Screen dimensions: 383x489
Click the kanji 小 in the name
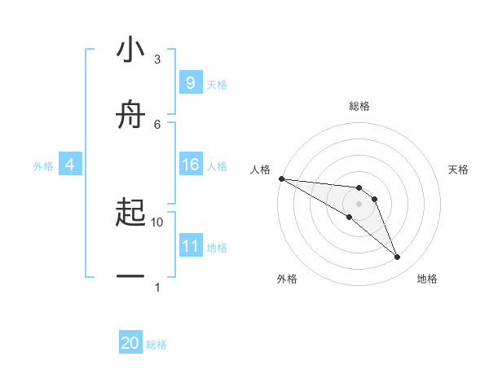click(x=130, y=51)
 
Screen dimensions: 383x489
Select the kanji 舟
click(x=130, y=115)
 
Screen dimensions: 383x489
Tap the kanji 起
click(x=130, y=214)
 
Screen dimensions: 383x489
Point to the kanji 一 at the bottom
click(x=130, y=278)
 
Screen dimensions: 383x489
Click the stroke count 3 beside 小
click(x=157, y=59)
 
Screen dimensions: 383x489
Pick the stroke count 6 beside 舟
click(x=157, y=124)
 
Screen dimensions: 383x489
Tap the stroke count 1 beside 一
click(x=157, y=287)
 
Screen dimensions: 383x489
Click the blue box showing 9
click(x=190, y=83)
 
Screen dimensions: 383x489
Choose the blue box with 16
click(x=190, y=165)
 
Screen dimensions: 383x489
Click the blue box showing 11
click(x=190, y=246)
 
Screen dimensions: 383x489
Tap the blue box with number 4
click(x=69, y=165)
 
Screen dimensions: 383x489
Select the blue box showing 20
click(x=130, y=343)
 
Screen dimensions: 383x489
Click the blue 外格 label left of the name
click(x=43, y=166)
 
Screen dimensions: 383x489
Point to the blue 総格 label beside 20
click(x=156, y=345)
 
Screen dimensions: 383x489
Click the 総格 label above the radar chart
click(x=359, y=106)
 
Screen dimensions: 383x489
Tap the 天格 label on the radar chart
click(x=458, y=169)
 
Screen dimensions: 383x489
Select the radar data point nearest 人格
click(x=281, y=178)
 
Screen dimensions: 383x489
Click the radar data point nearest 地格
click(x=397, y=258)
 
